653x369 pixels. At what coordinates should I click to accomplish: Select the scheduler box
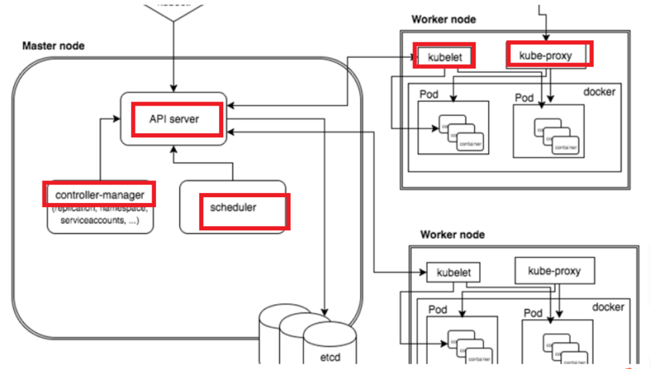pos(233,207)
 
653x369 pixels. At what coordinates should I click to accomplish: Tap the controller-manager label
pos(100,194)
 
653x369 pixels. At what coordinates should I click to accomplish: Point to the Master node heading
pos(53,46)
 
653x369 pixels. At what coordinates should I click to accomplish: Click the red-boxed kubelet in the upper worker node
pos(444,56)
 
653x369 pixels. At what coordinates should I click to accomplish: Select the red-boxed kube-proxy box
pos(548,53)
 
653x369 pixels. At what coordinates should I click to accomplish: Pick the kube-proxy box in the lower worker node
pos(554,271)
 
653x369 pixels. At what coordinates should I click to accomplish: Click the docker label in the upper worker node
pos(599,91)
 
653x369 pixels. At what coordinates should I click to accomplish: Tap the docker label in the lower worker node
pos(607,307)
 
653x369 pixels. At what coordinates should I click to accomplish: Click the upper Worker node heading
pos(444,19)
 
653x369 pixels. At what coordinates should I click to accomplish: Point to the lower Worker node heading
pos(452,235)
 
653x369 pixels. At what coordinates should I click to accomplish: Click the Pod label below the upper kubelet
pos(429,94)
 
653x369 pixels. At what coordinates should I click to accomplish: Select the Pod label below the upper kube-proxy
pos(524,98)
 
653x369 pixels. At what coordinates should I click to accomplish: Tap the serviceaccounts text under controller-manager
pos(100,220)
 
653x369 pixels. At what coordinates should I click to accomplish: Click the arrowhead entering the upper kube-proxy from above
pos(547,39)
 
